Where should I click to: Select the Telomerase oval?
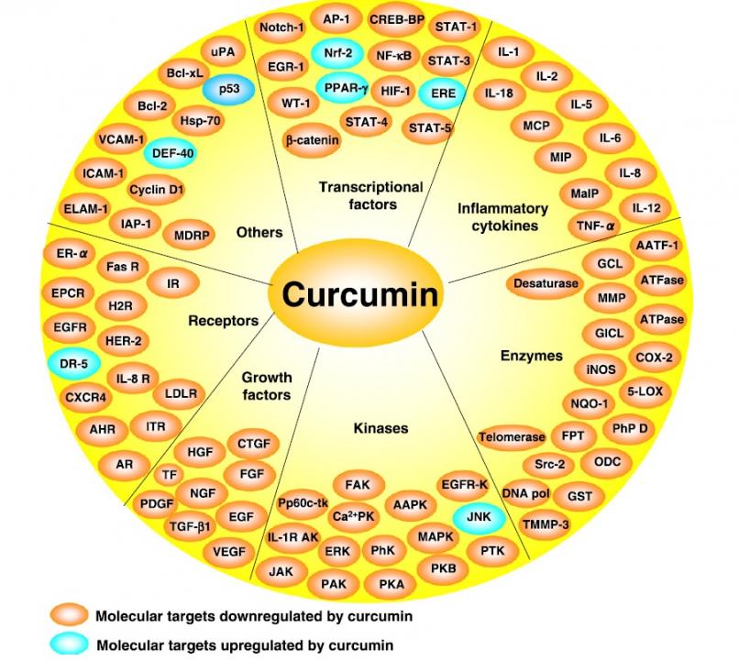[x=512, y=437]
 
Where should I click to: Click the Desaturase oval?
[x=546, y=283]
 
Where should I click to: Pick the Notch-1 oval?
[x=281, y=28]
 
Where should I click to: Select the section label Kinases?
[x=381, y=427]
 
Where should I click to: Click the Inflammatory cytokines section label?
[x=502, y=216]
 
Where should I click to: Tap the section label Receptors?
[x=223, y=321]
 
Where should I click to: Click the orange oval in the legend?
[x=68, y=613]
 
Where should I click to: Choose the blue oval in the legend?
[x=68, y=644]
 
